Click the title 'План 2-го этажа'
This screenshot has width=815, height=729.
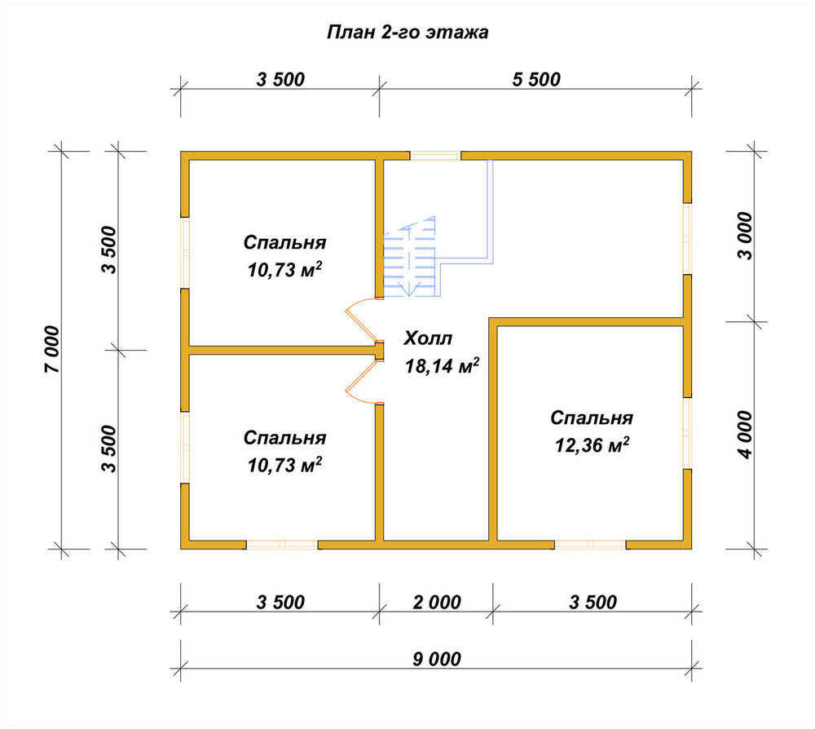[407, 33]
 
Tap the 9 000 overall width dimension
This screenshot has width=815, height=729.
[437, 659]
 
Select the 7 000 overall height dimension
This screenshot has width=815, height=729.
[52, 350]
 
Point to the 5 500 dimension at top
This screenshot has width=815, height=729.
[536, 80]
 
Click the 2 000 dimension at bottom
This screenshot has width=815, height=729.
[437, 602]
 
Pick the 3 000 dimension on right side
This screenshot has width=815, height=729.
[744, 236]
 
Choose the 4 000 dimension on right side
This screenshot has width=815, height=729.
[744, 435]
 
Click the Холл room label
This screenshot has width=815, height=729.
[428, 338]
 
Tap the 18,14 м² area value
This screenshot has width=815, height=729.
[442, 365]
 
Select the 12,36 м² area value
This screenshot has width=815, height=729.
[592, 444]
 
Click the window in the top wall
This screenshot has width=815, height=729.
[435, 156]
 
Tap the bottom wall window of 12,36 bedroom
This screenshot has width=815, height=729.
[590, 545]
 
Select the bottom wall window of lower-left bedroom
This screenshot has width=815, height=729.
[282, 545]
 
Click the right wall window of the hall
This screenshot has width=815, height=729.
[687, 239]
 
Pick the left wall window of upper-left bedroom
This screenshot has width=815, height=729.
[185, 253]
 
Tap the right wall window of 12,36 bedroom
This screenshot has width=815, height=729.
[687, 433]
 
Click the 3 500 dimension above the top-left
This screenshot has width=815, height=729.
[280, 80]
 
